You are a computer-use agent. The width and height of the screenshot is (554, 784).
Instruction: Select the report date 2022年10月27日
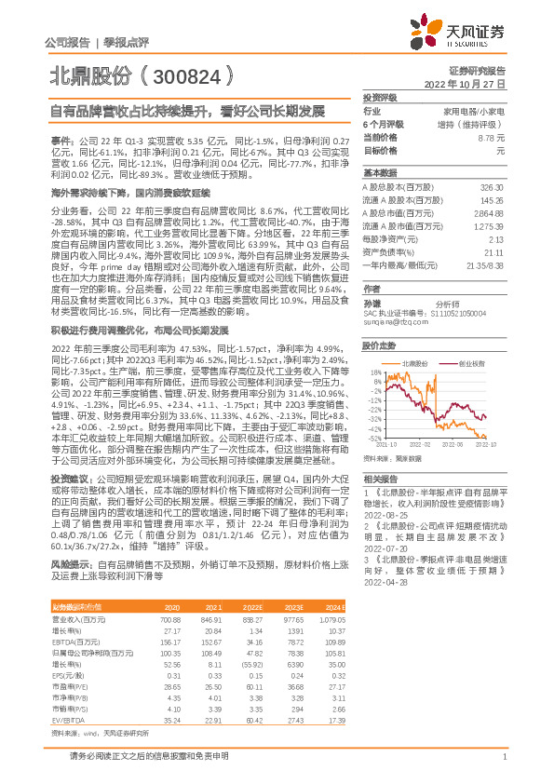click(x=472, y=84)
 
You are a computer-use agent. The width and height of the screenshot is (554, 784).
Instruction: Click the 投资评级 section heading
click(x=380, y=97)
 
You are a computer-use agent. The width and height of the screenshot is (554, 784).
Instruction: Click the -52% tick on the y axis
click(x=372, y=438)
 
